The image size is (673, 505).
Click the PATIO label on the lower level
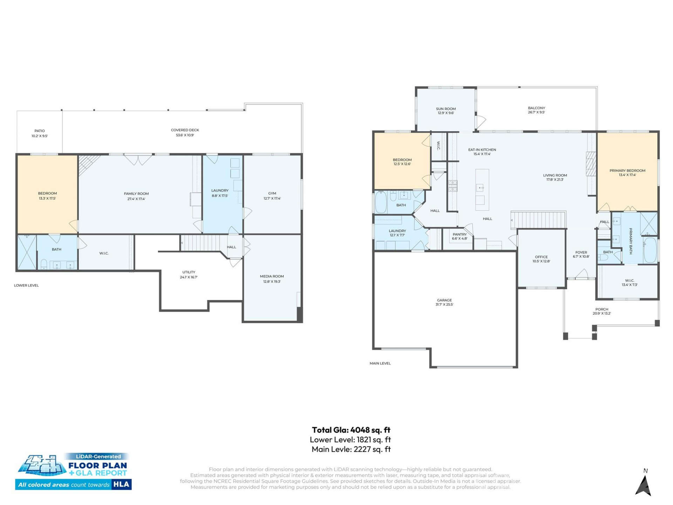click(x=40, y=131)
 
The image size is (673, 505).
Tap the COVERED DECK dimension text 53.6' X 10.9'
click(x=185, y=135)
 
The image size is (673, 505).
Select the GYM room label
click(x=272, y=193)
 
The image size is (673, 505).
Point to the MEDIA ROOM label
click(x=272, y=276)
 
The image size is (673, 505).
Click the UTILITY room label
click(x=189, y=272)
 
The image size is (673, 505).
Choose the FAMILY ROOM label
click(x=136, y=194)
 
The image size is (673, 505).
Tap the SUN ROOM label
click(x=446, y=109)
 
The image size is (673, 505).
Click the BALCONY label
click(x=536, y=108)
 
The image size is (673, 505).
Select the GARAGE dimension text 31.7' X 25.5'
click(x=444, y=304)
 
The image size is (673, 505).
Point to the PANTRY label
click(x=460, y=234)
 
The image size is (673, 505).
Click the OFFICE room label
click(x=541, y=257)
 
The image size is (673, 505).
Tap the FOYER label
click(x=581, y=252)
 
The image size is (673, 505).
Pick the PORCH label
click(x=601, y=309)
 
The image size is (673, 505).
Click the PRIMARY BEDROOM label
click(x=627, y=170)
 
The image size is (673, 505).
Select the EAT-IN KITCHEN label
click(x=482, y=150)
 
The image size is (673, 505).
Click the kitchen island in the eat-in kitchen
click(x=482, y=189)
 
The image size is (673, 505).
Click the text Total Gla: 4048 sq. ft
click(x=351, y=430)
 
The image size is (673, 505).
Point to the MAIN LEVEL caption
click(x=380, y=363)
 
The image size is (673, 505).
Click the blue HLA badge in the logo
click(x=121, y=484)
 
